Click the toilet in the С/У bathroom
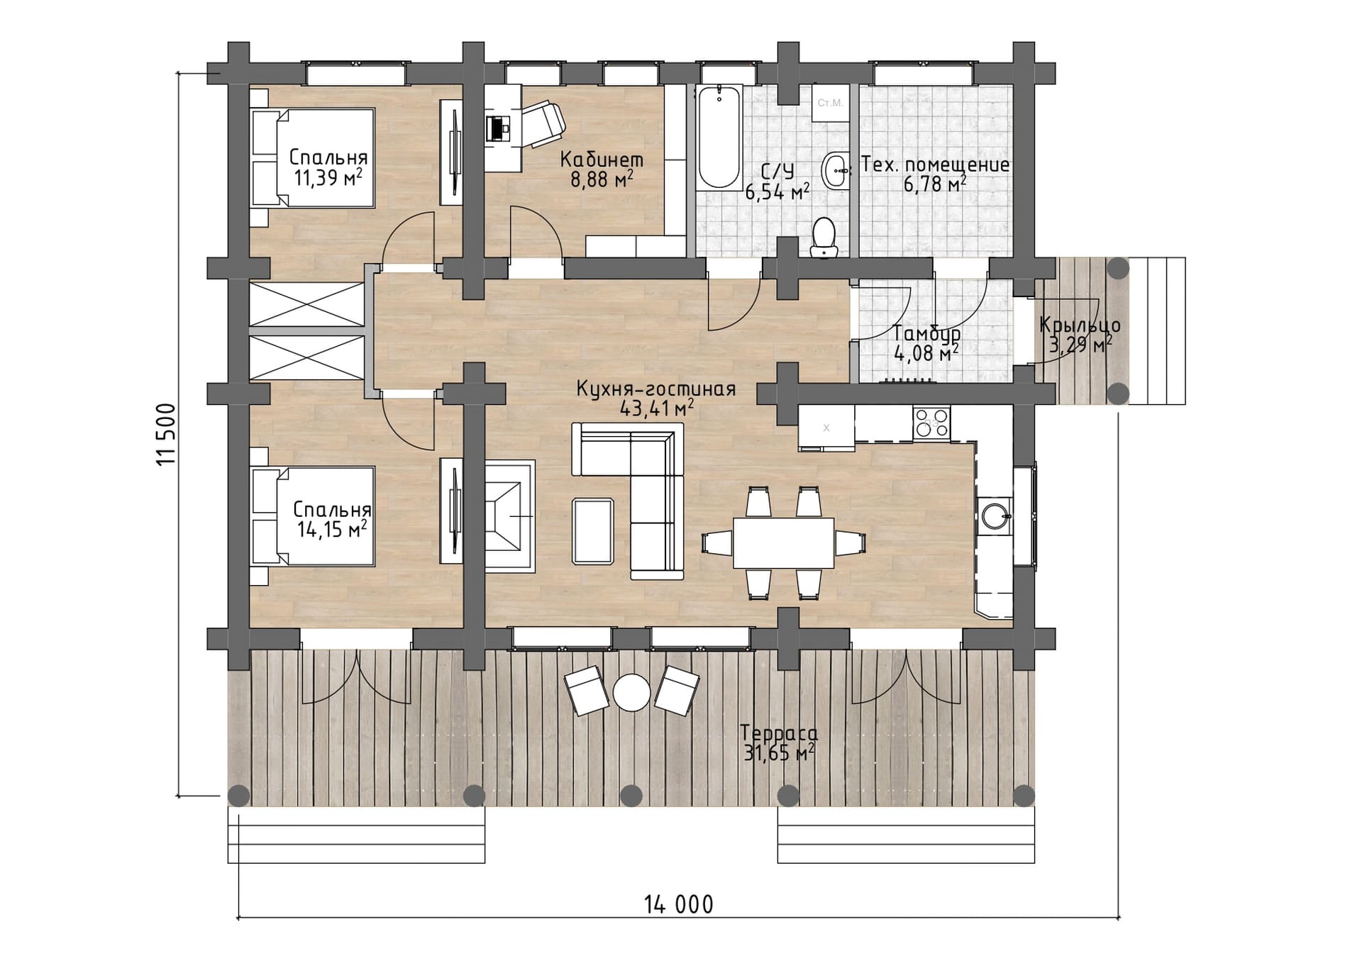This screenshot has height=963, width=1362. coord(824,238)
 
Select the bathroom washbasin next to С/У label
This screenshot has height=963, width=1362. coord(836,170)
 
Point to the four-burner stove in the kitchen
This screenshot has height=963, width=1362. coord(931,423)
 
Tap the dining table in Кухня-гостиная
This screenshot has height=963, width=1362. coord(783,542)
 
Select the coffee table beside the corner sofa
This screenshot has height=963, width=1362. coord(593,530)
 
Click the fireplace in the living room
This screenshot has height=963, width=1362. coord(509,516)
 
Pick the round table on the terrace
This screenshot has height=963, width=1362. coord(631,691)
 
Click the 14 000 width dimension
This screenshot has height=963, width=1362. coord(679,905)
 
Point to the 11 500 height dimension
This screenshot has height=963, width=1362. coord(165,434)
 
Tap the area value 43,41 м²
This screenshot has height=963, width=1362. coord(657,408)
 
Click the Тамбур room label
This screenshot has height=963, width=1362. coord(926,333)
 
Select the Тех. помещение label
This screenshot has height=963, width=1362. coord(935,165)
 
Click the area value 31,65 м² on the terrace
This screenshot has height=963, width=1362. coord(778,752)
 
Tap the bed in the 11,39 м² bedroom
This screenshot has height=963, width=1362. coord(313,157)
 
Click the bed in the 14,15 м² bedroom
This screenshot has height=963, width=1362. coord(313,516)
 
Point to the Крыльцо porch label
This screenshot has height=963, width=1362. coord(1080,325)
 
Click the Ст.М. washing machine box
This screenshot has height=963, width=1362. coord(830,104)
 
